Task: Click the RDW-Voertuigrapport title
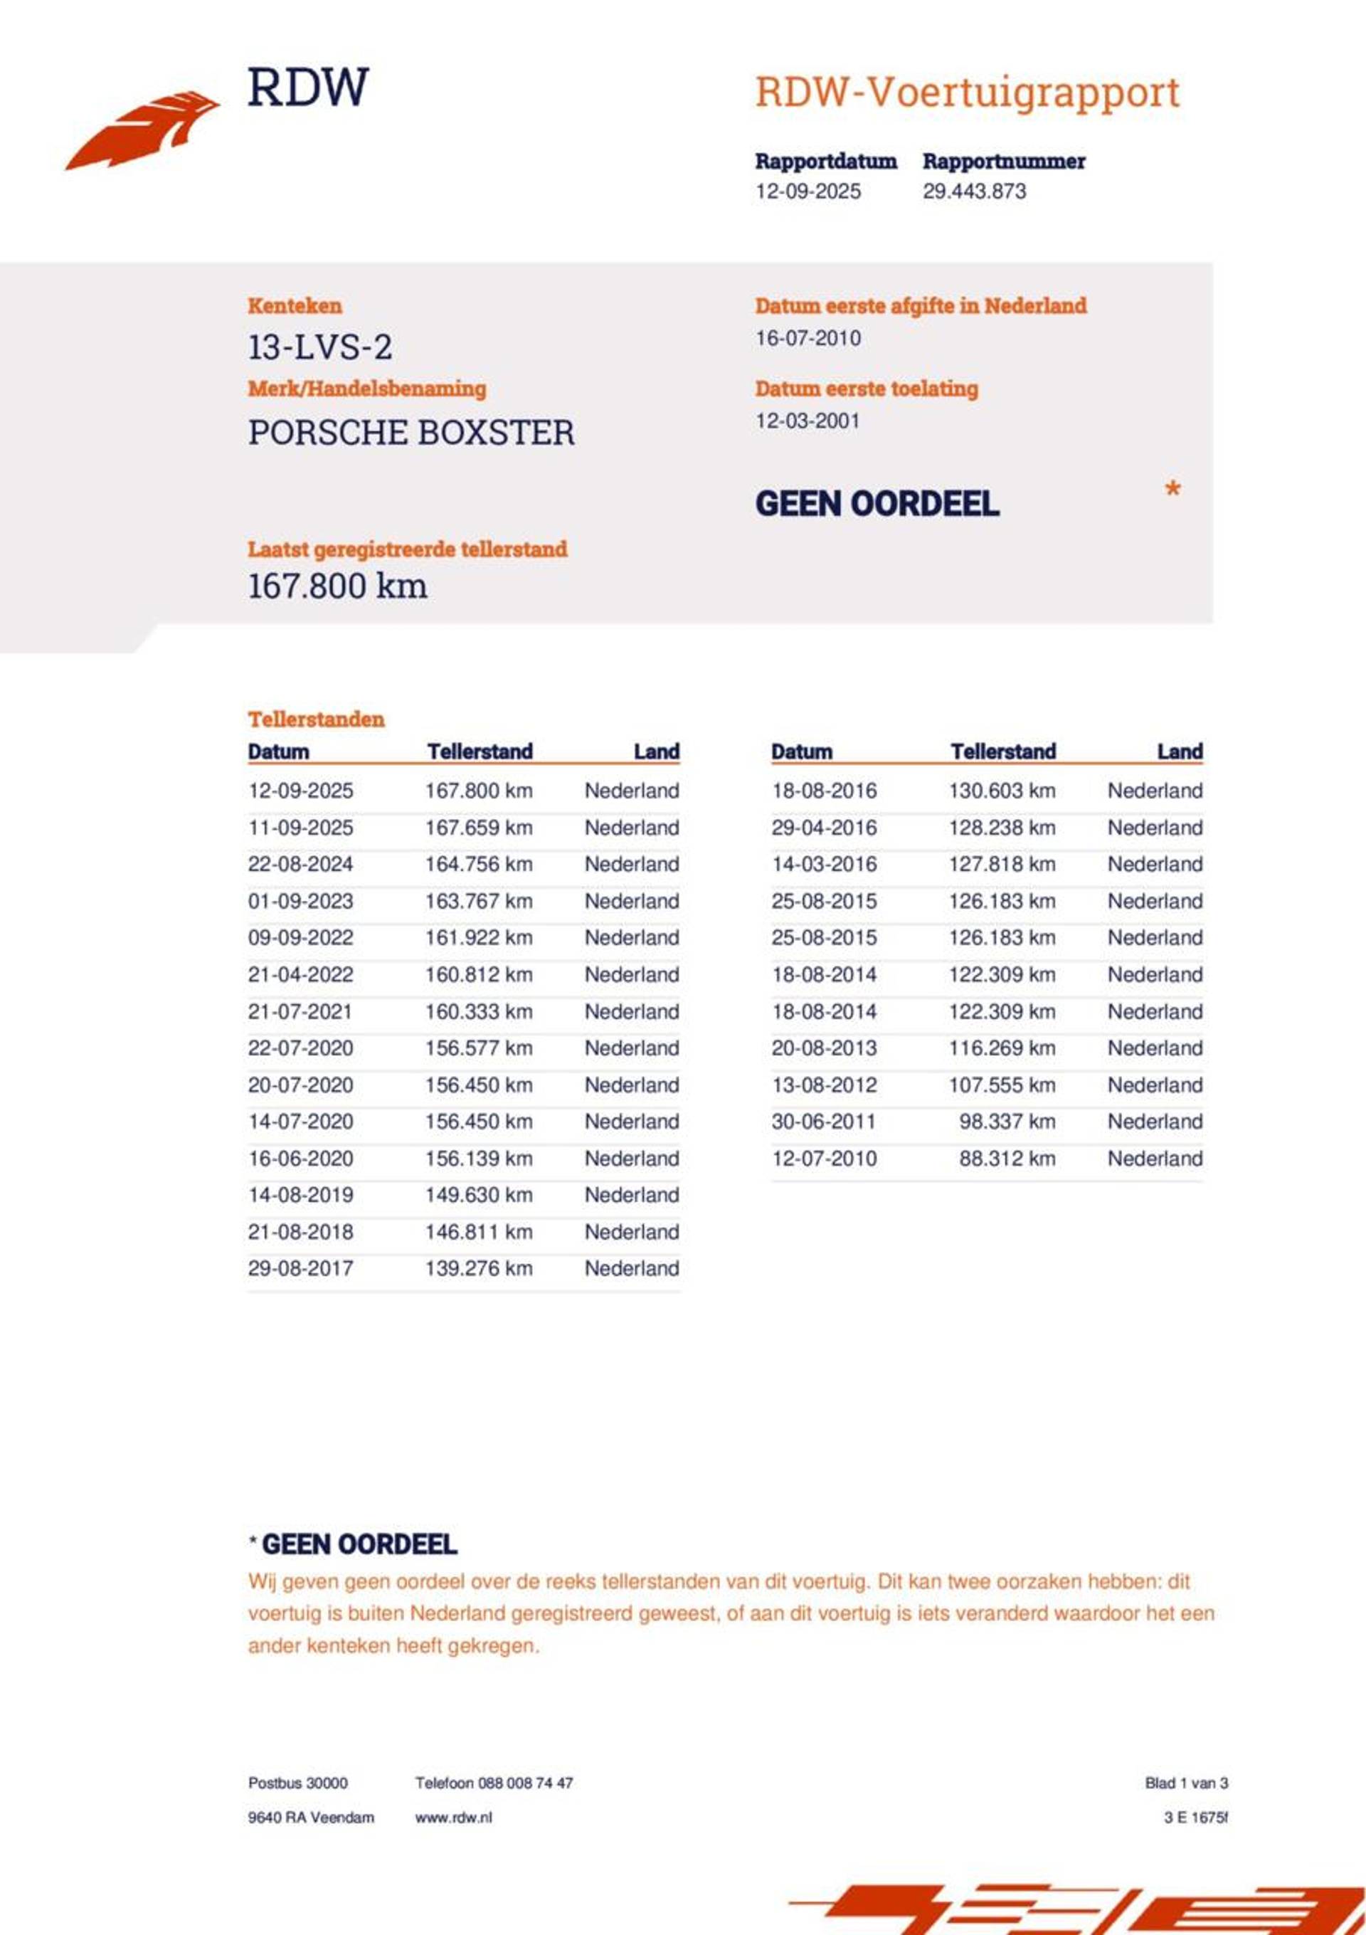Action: [x=967, y=92]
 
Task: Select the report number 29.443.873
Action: [x=974, y=191]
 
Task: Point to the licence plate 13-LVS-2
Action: [x=319, y=347]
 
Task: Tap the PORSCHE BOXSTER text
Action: [x=411, y=433]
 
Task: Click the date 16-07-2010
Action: [x=808, y=339]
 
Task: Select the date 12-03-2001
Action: [x=808, y=421]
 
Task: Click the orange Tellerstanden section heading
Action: [x=316, y=719]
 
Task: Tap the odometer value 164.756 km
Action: [x=478, y=865]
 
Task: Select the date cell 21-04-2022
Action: [x=300, y=975]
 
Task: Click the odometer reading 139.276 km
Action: [x=478, y=1268]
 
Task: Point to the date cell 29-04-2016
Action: [x=823, y=828]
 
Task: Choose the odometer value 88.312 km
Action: [x=1006, y=1159]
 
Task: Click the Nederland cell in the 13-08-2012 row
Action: [x=1155, y=1085]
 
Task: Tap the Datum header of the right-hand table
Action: [x=801, y=752]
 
